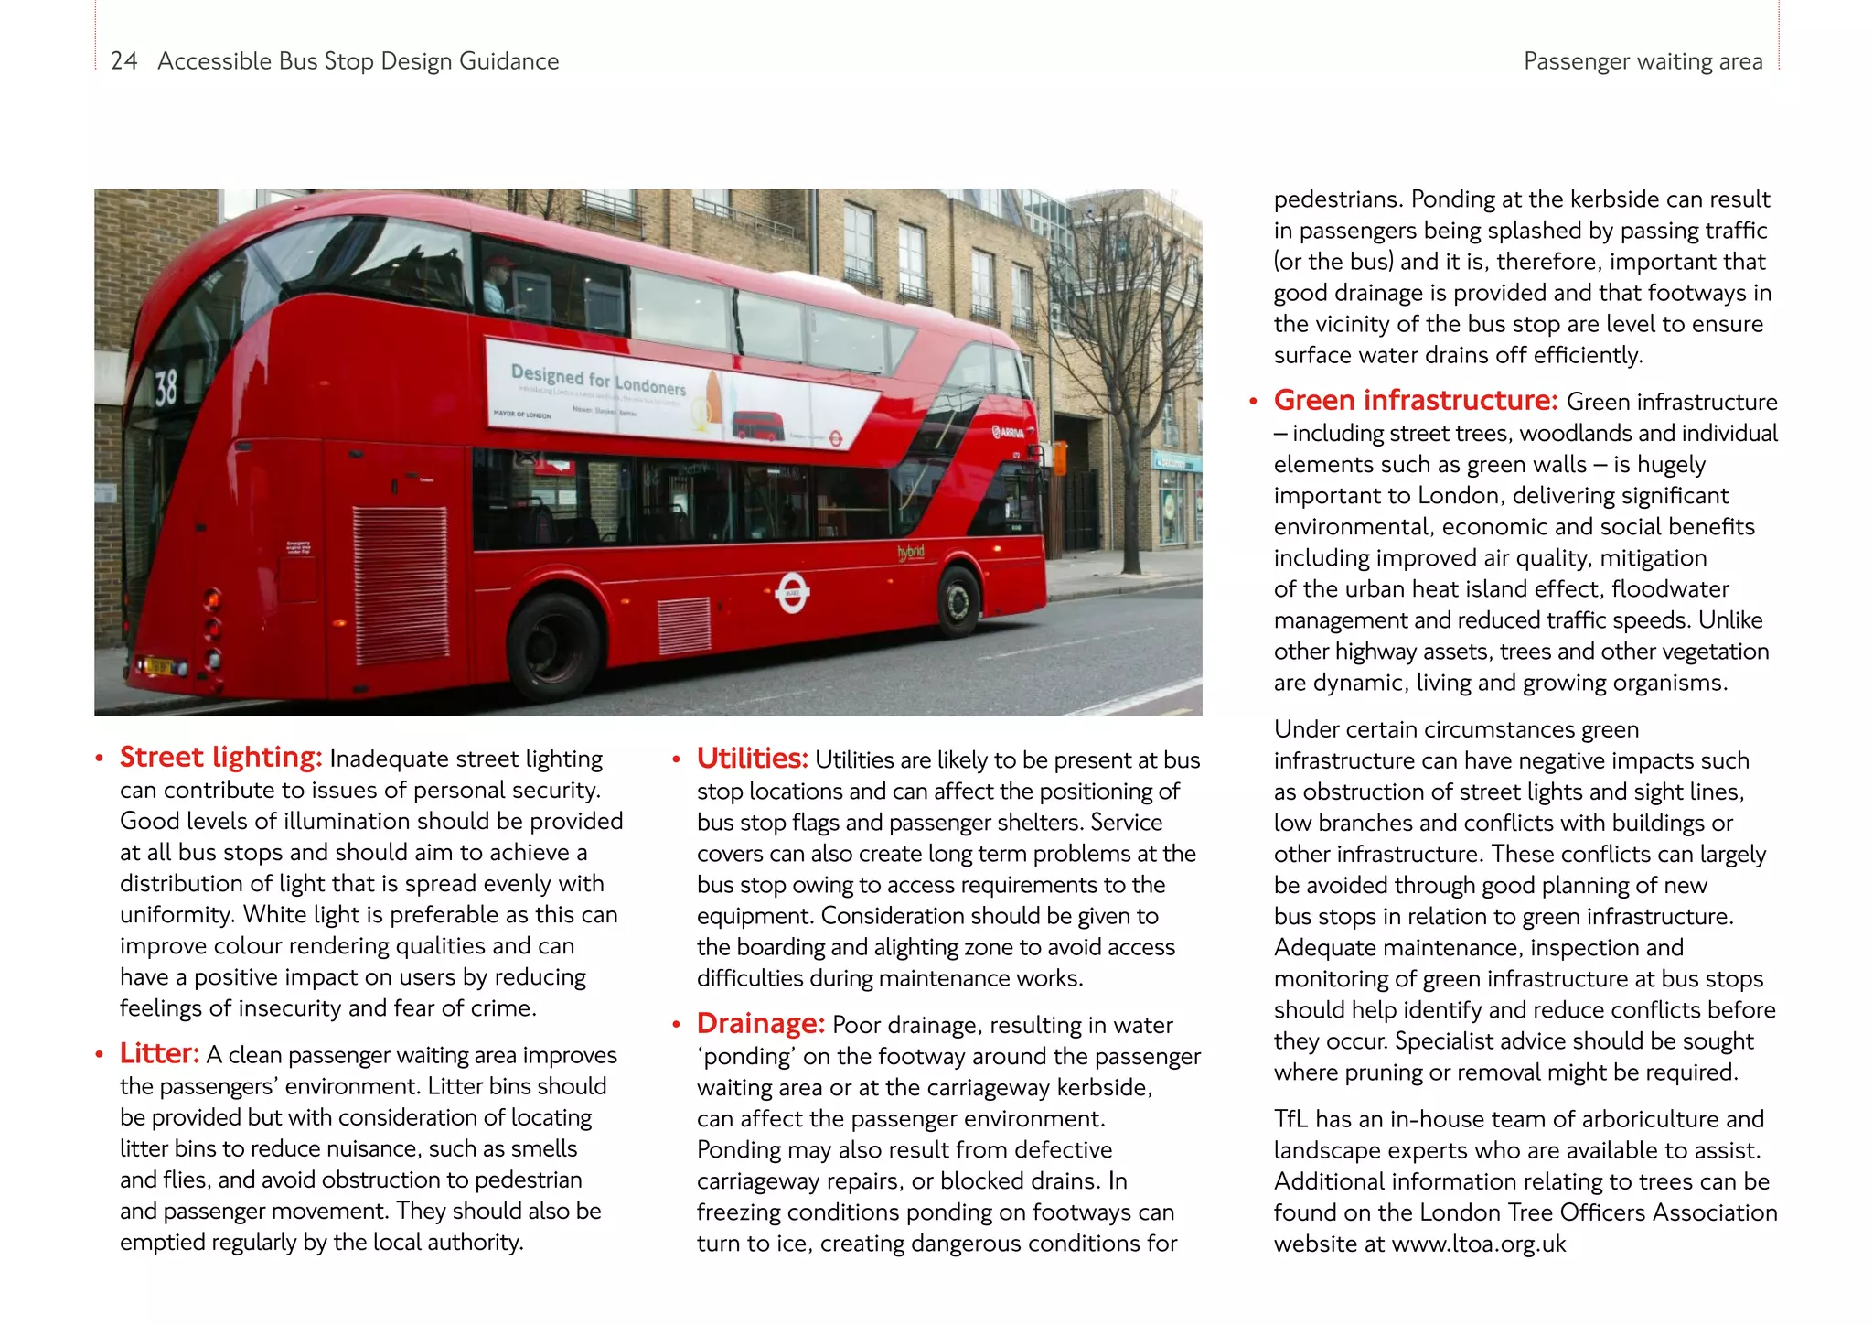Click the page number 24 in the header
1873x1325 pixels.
click(x=123, y=61)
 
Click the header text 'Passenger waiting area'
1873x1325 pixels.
click(x=1643, y=61)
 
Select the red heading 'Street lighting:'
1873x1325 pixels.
click(x=220, y=757)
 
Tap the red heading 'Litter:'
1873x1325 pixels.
click(x=158, y=1053)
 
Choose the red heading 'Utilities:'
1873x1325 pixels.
click(x=752, y=758)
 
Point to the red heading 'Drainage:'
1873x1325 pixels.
click(x=760, y=1023)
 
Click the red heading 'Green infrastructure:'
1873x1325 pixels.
click(x=1415, y=400)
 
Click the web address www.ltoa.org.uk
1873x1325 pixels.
click(x=1478, y=1244)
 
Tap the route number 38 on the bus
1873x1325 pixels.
click(x=166, y=388)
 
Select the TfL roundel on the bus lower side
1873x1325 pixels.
click(x=792, y=593)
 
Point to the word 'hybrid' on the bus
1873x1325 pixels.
click(x=910, y=552)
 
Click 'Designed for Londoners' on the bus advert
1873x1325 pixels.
click(x=598, y=380)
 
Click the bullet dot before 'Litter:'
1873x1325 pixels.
click(x=99, y=1055)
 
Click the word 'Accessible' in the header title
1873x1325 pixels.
click(x=214, y=61)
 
